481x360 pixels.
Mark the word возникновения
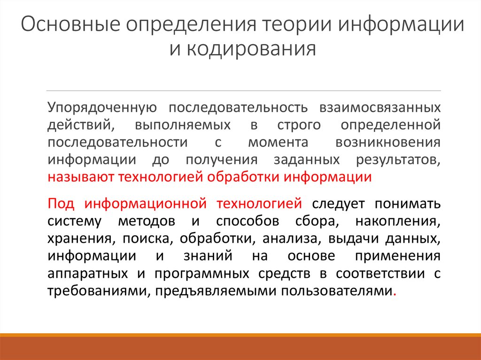388,142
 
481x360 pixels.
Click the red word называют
80,177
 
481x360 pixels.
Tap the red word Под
59,204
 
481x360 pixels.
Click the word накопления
398,221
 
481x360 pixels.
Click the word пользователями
336,291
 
